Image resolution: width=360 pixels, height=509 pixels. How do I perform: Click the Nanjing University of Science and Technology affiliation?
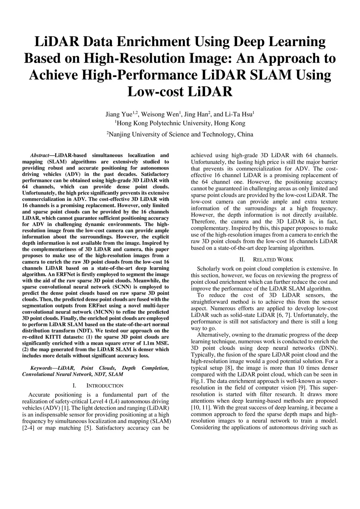click(x=180, y=134)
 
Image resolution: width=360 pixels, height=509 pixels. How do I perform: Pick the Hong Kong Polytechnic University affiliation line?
click(x=180, y=123)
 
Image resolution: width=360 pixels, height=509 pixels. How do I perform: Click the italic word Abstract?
click(x=40, y=155)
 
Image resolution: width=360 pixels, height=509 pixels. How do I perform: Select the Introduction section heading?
click(x=105, y=386)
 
